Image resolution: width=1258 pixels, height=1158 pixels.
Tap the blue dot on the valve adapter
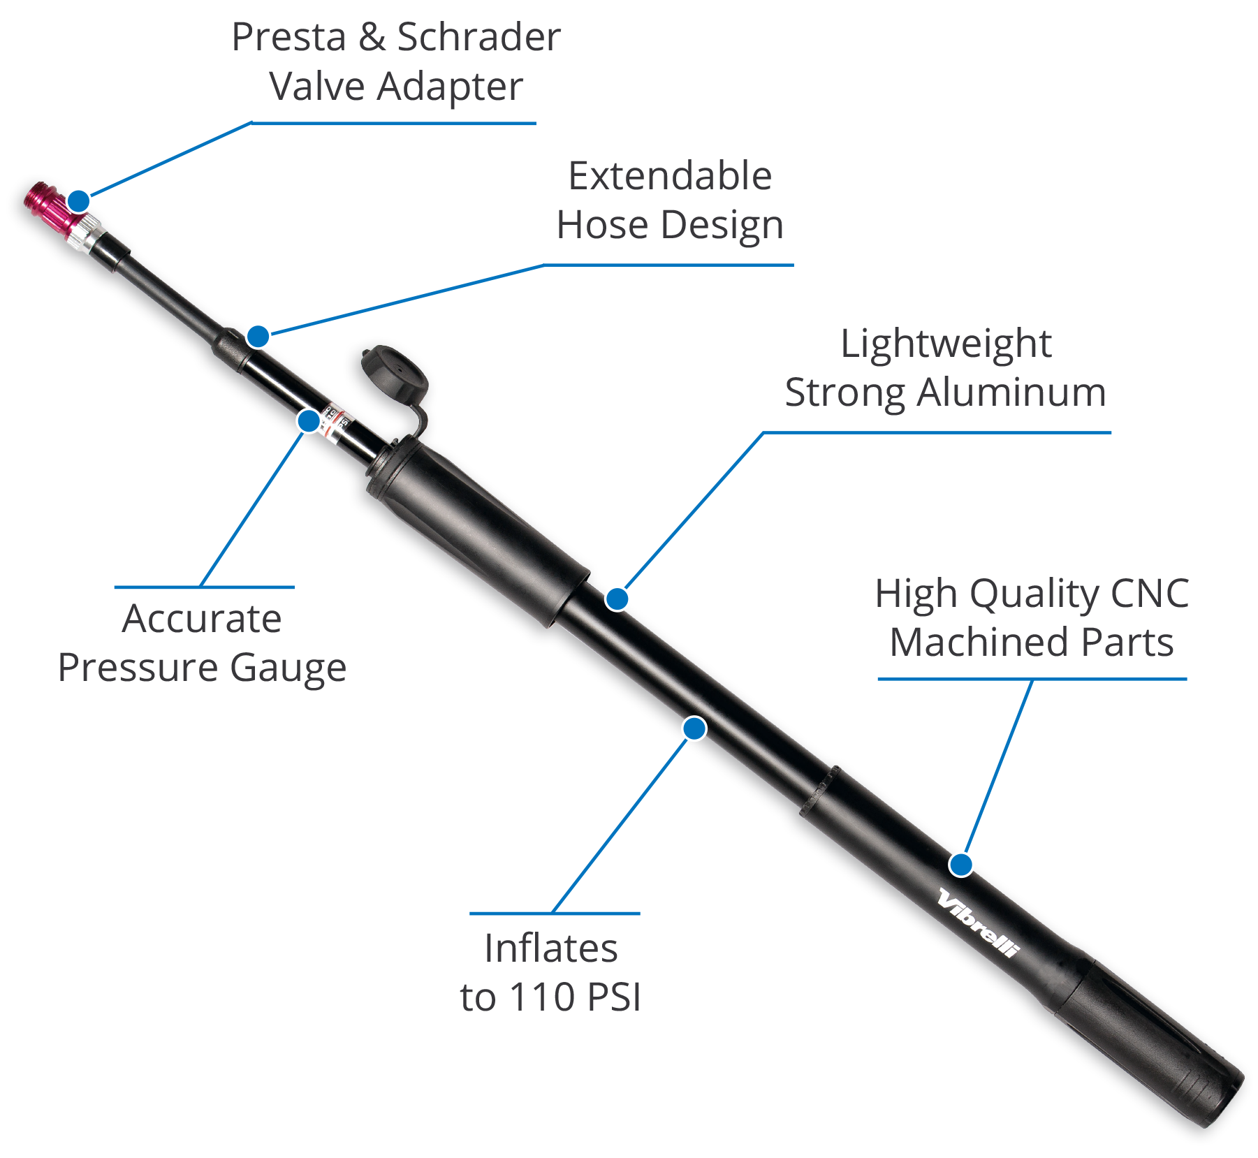click(x=79, y=201)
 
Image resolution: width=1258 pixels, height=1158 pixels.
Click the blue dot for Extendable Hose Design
click(x=258, y=336)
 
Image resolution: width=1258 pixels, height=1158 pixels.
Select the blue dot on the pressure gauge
click(x=309, y=420)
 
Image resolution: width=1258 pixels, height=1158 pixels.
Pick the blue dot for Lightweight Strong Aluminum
click(x=617, y=599)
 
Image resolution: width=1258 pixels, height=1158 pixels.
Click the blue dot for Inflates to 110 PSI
click(x=694, y=728)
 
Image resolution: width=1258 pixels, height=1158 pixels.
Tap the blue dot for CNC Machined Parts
click(x=961, y=865)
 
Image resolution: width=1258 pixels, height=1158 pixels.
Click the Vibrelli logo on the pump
click(x=979, y=923)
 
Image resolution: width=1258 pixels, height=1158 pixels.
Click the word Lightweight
click(x=946, y=344)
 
